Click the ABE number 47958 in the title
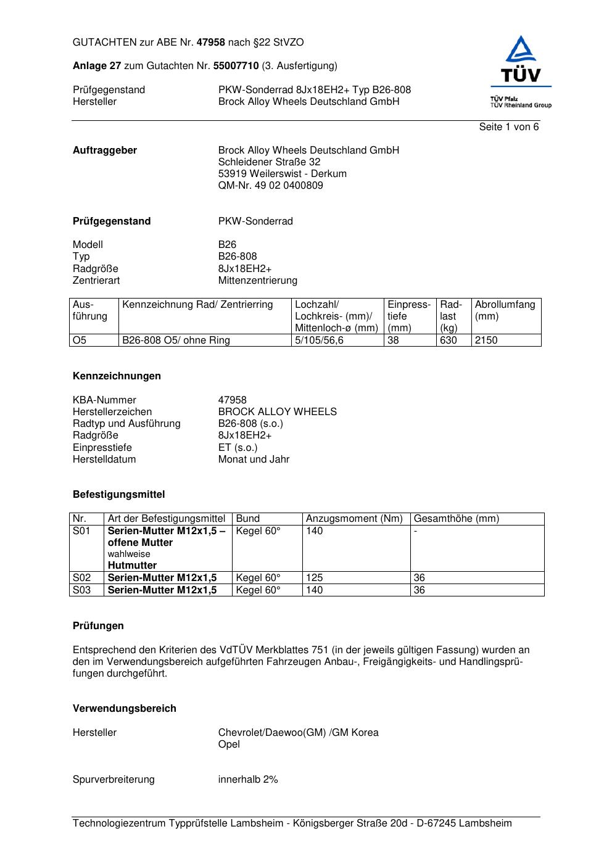tap(211, 43)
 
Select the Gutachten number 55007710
tap(236, 66)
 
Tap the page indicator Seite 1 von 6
tap(508, 127)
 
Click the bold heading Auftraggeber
tap(105, 151)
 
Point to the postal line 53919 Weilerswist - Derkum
tap(282, 174)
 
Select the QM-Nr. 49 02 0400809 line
tap(270, 186)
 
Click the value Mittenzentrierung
tap(257, 281)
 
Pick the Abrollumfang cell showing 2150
tap(486, 340)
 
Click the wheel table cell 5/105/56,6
tap(319, 340)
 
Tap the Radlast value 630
tap(448, 340)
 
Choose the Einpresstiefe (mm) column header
tap(409, 316)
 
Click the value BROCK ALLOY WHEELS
tap(277, 412)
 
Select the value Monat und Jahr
tap(254, 460)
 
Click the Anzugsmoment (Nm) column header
tap(354, 519)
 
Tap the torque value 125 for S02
tap(314, 578)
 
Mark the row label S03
tap(81, 590)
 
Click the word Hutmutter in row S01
tap(132, 566)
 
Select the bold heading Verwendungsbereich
tap(124, 709)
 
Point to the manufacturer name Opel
tap(229, 744)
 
